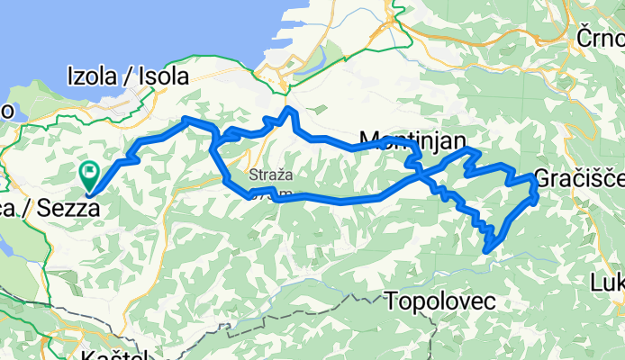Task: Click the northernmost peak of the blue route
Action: [x=287, y=109]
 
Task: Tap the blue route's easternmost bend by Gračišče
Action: [x=537, y=188]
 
